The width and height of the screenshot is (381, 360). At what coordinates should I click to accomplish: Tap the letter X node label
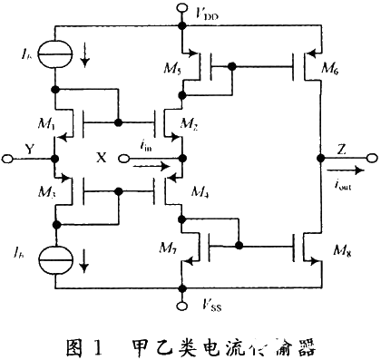[102, 157]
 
